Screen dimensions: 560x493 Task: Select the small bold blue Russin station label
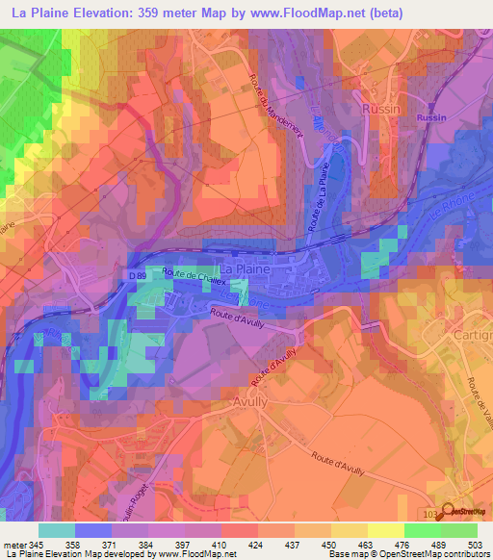click(x=431, y=117)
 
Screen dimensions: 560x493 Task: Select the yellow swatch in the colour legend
click(x=385, y=530)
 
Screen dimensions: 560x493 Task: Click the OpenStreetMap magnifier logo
click(x=449, y=513)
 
